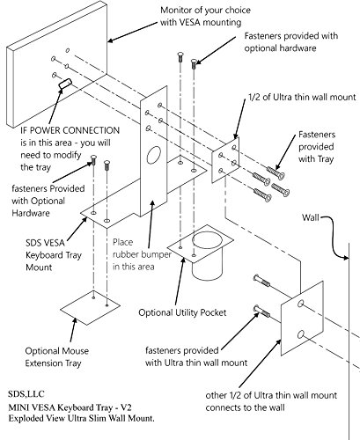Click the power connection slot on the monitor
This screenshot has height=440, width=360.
(65, 83)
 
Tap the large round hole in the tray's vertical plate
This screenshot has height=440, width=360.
(154, 155)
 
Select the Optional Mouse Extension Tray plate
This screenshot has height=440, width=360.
(91, 308)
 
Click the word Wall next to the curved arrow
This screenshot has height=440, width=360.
(311, 217)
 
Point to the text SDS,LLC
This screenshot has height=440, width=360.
(26, 394)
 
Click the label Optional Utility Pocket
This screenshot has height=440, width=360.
(182, 312)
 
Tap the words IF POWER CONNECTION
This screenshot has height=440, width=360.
(70, 130)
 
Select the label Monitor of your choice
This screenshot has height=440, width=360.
(205, 10)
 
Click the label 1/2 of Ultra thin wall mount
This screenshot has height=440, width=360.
(302, 97)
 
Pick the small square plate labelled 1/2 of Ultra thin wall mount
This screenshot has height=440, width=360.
(225, 159)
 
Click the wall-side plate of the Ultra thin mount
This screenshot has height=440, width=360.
(303, 319)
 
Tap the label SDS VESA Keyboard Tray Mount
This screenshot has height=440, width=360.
(54, 255)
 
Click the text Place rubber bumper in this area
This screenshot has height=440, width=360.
(142, 254)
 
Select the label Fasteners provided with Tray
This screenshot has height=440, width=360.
(317, 147)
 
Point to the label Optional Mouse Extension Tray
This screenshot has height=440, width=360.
(56, 357)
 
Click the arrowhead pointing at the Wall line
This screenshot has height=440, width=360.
(346, 258)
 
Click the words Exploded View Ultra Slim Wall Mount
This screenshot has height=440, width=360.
(81, 418)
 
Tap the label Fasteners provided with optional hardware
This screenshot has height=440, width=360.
(291, 42)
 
